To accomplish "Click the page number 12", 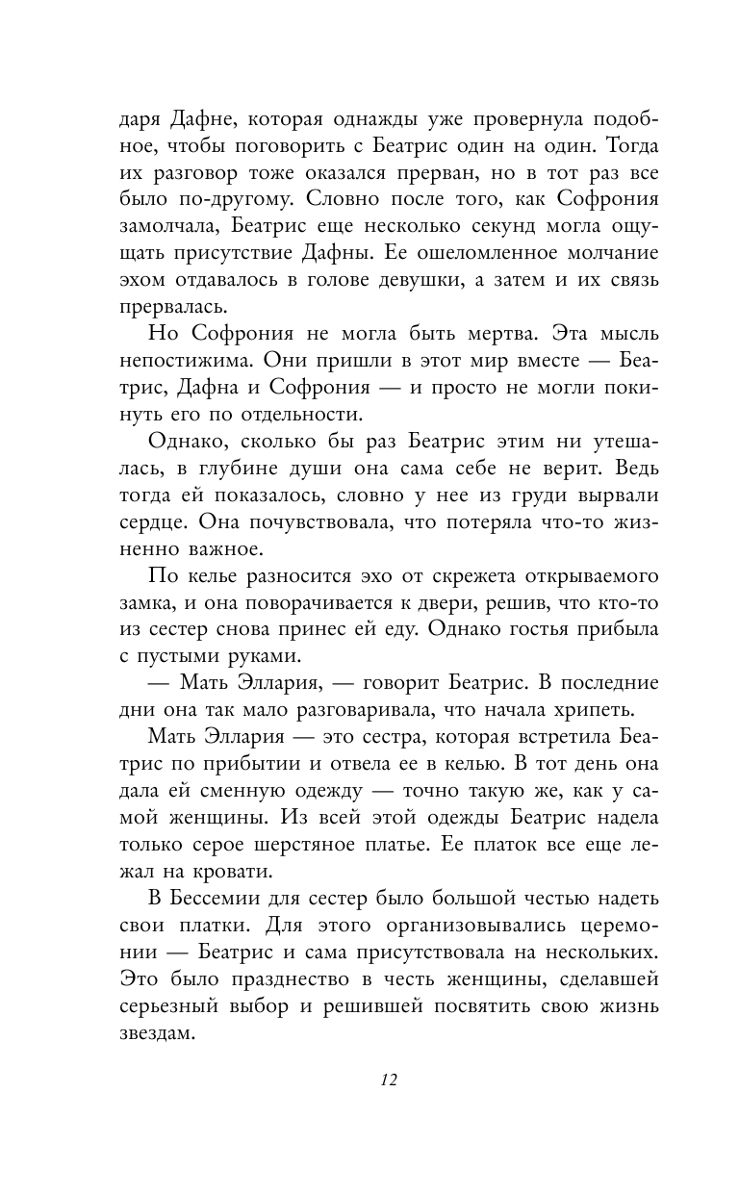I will (388, 1079).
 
